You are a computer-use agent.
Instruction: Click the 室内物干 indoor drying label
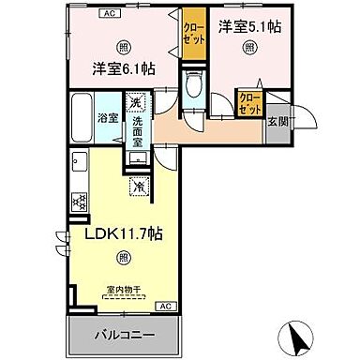click(x=126, y=291)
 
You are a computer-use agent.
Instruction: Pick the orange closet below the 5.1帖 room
click(x=249, y=100)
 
